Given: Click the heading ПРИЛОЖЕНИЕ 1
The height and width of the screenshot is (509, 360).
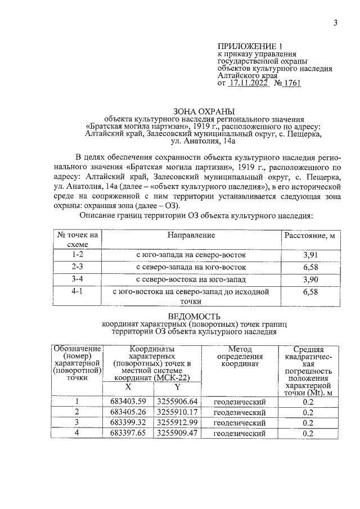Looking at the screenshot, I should click(x=249, y=47).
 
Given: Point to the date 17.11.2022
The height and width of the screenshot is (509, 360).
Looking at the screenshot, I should click(x=247, y=83).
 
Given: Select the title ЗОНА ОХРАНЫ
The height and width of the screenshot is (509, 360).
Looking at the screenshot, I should click(x=195, y=111).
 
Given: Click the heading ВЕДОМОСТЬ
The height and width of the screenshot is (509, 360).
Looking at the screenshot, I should click(x=195, y=317).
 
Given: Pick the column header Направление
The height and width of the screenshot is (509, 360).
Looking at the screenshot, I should click(x=191, y=235).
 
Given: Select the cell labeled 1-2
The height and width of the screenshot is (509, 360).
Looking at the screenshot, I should click(x=78, y=255).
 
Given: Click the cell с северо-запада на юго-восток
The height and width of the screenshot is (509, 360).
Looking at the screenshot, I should click(x=191, y=267).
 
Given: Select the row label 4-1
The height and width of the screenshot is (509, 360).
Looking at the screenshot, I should click(x=78, y=292).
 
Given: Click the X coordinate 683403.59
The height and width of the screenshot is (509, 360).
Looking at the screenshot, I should click(x=128, y=401).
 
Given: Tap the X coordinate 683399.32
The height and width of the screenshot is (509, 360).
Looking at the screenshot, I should click(x=128, y=422).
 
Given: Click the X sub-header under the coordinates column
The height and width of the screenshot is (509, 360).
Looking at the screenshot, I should click(x=128, y=387).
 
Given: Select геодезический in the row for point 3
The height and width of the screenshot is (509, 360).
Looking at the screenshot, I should click(x=239, y=422).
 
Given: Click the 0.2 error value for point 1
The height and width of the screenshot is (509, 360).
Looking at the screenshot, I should click(x=308, y=401).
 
